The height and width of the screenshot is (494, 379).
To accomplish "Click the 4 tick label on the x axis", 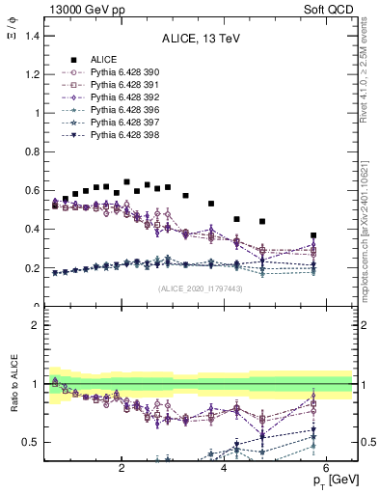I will [224, 469].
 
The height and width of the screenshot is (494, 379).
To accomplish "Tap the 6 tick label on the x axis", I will [327, 469].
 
